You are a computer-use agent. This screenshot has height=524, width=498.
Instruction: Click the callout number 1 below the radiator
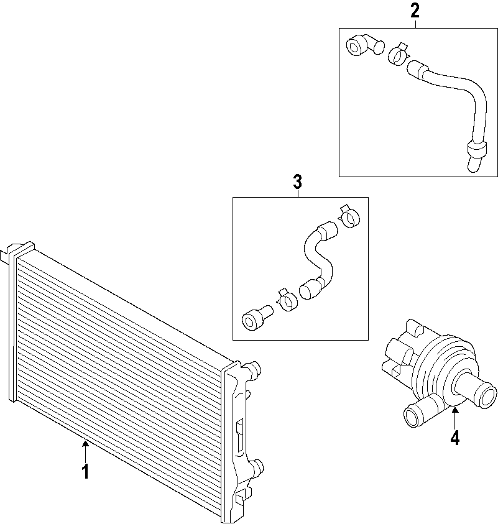[85, 472]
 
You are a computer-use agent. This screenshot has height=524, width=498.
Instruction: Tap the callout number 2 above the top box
[415, 11]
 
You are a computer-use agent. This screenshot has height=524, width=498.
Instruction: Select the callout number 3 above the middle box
[297, 182]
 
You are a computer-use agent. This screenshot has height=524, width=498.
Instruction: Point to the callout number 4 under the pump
[454, 438]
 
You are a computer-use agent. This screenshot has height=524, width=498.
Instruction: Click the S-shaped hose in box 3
[318, 258]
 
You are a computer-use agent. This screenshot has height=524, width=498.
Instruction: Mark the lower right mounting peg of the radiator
[256, 467]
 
